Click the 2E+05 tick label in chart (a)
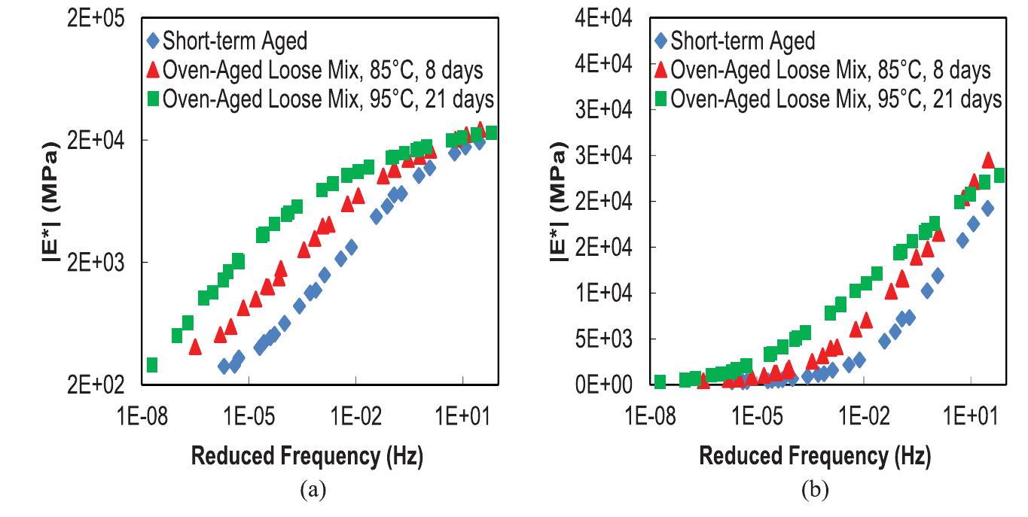pyautogui.click(x=90, y=18)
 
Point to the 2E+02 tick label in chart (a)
pyautogui.click(x=90, y=385)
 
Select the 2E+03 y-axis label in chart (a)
pyautogui.click(x=90, y=263)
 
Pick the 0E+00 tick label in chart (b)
pyautogui.click(x=600, y=385)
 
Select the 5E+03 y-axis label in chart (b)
pyautogui.click(x=600, y=339)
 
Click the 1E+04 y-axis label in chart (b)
pyautogui.click(x=600, y=293)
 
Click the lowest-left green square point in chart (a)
pyautogui.click(x=151, y=365)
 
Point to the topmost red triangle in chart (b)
pyautogui.click(x=988, y=160)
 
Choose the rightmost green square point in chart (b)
pyautogui.click(x=999, y=175)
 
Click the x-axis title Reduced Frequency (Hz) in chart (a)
pyautogui.click(x=307, y=456)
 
